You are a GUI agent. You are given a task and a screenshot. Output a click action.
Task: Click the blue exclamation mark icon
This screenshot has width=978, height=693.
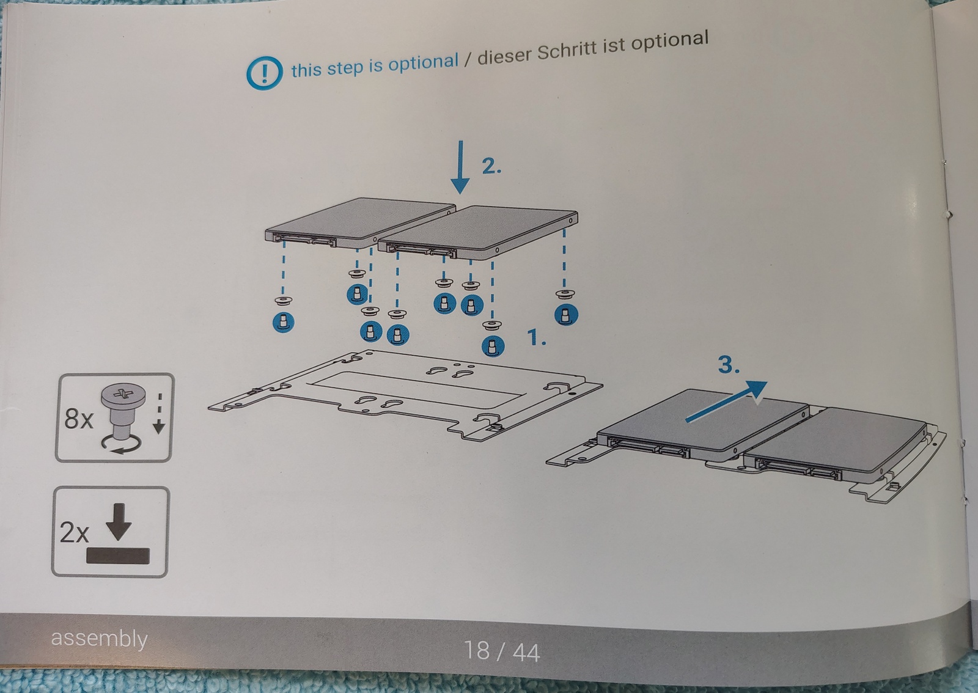264,73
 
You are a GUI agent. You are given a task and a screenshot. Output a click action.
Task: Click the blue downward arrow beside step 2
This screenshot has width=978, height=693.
460,167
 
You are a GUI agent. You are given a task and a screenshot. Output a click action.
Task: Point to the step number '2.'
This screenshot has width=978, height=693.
491,166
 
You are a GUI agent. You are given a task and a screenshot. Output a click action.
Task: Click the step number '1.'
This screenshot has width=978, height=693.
537,337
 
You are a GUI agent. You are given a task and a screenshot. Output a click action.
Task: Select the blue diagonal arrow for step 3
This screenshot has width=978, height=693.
726,402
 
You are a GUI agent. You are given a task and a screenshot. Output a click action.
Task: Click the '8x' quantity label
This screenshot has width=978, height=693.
79,419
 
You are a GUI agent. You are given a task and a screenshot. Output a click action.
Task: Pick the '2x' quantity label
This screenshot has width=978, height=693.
74,533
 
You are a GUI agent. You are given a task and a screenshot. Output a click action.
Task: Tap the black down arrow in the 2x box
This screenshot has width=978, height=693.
119,522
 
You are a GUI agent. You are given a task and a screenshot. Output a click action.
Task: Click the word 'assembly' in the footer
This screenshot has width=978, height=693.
100,639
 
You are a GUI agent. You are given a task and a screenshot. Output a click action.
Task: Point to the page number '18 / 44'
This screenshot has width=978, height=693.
502,651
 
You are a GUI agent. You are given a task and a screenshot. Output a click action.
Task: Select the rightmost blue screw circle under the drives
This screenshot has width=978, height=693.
566,315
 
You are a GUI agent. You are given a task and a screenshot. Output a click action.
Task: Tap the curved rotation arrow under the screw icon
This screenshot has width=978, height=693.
122,445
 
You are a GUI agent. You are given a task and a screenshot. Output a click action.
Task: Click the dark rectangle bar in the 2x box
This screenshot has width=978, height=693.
118,556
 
